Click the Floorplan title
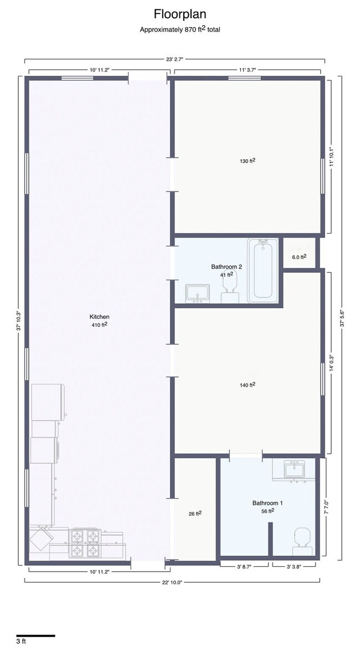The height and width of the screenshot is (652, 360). tap(180, 14)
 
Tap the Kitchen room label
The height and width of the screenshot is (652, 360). tap(100, 317)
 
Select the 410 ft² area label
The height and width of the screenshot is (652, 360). tap(100, 325)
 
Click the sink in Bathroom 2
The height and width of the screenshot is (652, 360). tap(198, 293)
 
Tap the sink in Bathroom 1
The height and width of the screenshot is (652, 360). tap(294, 470)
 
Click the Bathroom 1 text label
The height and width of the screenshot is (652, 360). tap(268, 503)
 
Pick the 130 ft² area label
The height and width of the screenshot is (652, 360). tap(247, 161)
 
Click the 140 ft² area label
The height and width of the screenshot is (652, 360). tap(247, 385)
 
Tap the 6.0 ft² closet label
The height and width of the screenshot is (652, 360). tap(299, 256)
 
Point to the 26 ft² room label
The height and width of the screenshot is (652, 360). tap(195, 514)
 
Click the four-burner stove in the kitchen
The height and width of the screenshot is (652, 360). tap(85, 543)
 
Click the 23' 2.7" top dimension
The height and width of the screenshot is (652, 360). tap(174, 58)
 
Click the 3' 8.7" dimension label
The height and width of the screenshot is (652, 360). tap(245, 566)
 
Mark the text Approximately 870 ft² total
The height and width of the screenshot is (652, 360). tap(180, 29)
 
